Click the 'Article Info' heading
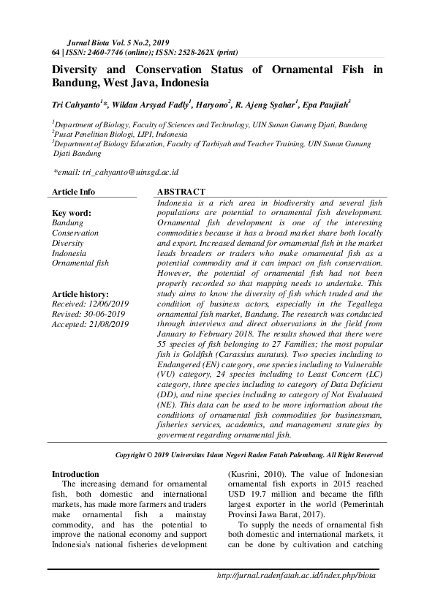(73, 192)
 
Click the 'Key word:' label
(69, 213)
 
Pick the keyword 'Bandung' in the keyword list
(67, 222)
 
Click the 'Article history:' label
(80, 293)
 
